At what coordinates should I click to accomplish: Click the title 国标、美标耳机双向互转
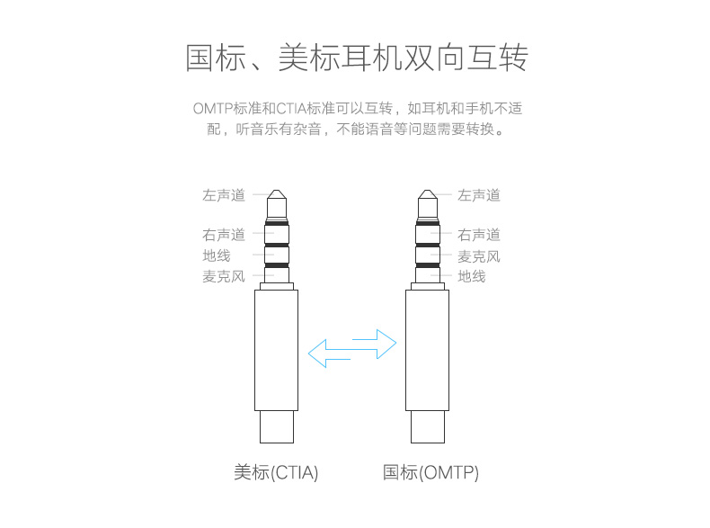tap(356, 58)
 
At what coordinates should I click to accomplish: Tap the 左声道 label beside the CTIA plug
tap(223, 195)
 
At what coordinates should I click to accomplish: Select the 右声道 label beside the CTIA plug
tap(223, 235)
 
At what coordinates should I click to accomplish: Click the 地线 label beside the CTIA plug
tap(217, 255)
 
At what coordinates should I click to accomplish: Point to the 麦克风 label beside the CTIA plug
tap(223, 276)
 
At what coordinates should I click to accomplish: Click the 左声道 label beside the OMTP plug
tap(479, 195)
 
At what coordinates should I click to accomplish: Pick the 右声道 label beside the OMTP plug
tap(479, 235)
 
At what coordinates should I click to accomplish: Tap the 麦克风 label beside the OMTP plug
tap(479, 256)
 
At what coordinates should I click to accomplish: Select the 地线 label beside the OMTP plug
tap(472, 276)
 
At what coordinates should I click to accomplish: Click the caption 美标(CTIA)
tap(276, 472)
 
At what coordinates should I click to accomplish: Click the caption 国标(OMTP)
tap(430, 472)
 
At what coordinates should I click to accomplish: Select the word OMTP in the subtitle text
tap(211, 109)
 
